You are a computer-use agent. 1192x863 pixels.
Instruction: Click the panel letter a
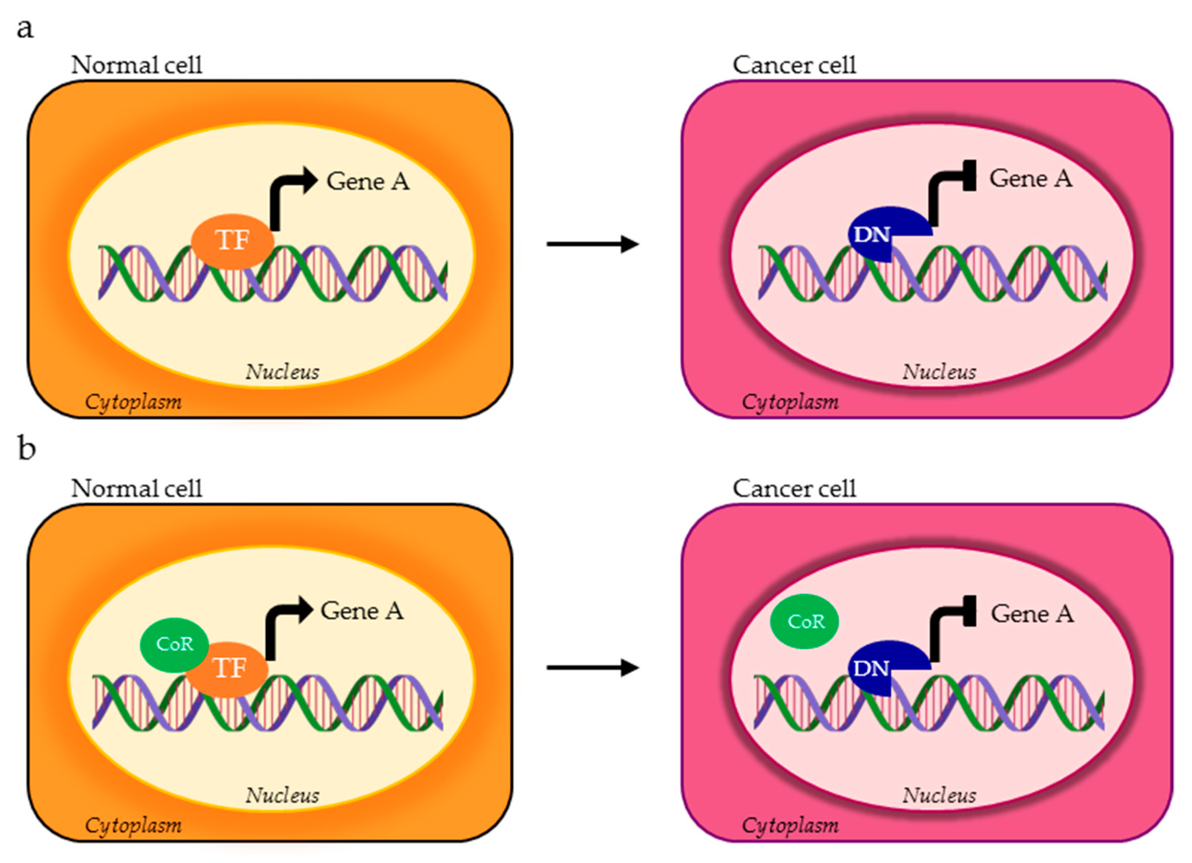tap(25, 29)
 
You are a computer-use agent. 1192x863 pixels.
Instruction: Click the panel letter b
tap(27, 450)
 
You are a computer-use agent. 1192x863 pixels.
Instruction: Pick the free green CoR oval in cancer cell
tap(805, 621)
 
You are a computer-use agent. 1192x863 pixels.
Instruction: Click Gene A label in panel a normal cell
tap(367, 182)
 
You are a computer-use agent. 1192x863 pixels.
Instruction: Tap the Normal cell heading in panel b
tap(137, 489)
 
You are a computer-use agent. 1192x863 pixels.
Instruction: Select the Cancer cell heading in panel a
tap(794, 65)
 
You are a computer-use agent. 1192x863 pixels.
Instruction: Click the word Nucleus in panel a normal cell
tap(282, 372)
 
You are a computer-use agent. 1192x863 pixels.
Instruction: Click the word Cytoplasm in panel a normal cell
tap(134, 402)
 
